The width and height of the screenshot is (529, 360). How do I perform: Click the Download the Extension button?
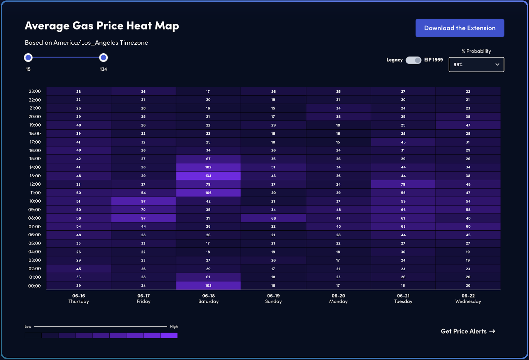click(x=460, y=28)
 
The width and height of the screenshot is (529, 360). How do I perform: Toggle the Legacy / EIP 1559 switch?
click(x=413, y=60)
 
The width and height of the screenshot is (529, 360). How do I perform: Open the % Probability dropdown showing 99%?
click(x=476, y=65)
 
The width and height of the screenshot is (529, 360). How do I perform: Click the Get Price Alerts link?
click(x=468, y=331)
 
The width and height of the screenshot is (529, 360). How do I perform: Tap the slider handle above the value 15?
click(x=28, y=58)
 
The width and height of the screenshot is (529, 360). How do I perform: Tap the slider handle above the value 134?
click(x=103, y=58)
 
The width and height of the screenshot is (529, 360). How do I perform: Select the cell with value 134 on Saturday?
click(x=208, y=176)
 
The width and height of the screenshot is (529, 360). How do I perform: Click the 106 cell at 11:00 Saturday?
click(x=208, y=193)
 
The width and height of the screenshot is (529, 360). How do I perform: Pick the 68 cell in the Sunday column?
click(x=273, y=218)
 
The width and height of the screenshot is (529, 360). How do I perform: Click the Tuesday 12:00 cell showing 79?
click(x=403, y=184)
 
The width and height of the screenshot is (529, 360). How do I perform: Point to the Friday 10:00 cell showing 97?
click(x=143, y=201)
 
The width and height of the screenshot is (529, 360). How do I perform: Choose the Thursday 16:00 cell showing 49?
click(x=79, y=150)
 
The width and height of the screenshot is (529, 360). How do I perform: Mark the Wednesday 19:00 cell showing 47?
click(x=468, y=125)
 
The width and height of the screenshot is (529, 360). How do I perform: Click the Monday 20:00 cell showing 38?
click(x=338, y=116)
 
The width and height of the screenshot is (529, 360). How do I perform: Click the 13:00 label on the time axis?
click(x=35, y=176)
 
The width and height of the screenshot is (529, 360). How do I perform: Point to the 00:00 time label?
click(x=35, y=286)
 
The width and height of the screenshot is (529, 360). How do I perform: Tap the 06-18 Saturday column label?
click(x=208, y=298)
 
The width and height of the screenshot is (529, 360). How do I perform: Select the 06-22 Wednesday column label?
click(x=468, y=298)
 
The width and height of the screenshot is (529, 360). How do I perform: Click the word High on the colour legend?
click(x=174, y=327)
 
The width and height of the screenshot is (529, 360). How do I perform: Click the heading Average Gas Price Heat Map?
click(x=102, y=26)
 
